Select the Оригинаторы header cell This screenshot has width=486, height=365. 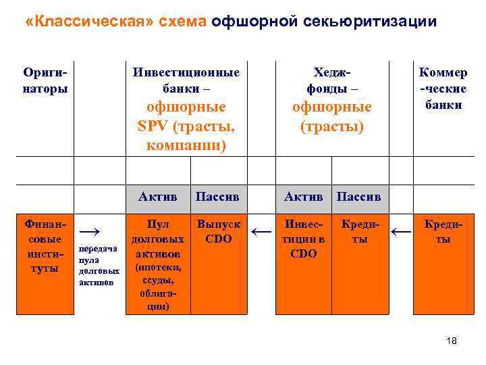tap(45, 80)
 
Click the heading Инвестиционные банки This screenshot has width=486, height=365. tap(186, 80)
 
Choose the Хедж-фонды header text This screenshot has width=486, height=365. tap(331, 80)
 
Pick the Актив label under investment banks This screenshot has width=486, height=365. tap(158, 197)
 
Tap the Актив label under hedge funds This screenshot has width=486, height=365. tap(304, 197)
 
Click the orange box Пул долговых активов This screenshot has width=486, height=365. tap(158, 264)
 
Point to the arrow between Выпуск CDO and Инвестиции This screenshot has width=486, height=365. tap(261, 233)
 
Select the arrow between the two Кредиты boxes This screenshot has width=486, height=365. tap(401, 233)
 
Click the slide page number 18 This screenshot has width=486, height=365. tap(452, 341)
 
